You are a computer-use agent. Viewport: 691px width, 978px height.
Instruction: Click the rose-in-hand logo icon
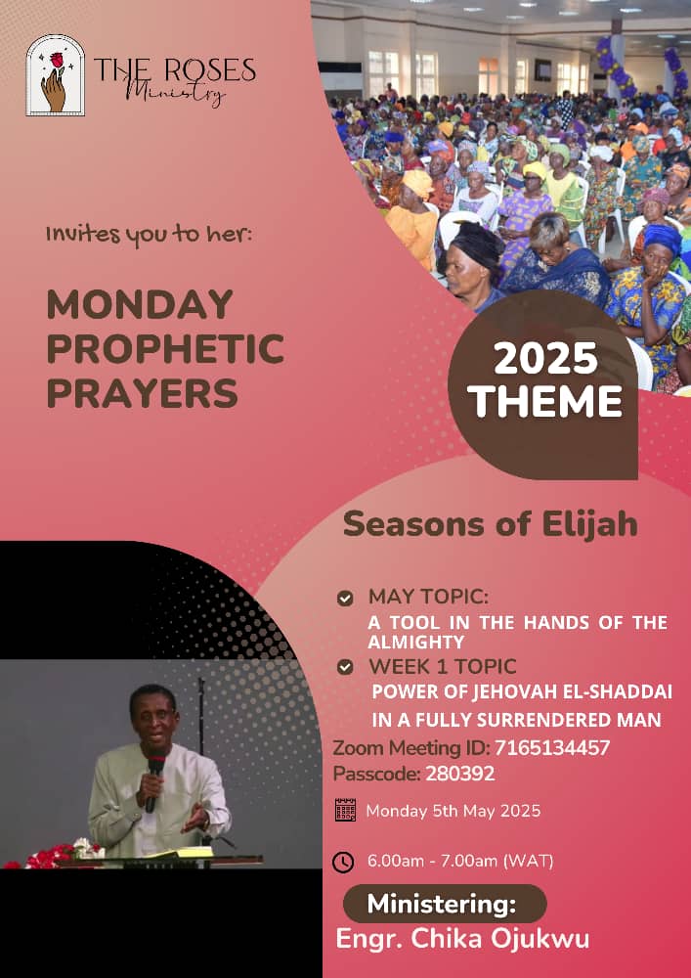pos(55,75)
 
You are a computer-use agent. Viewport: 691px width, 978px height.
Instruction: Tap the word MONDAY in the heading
pos(140,304)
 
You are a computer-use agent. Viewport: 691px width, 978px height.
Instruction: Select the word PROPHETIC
pos(165,349)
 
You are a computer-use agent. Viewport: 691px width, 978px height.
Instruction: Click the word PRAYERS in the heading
pos(142,393)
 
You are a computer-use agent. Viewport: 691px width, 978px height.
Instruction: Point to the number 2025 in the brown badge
pos(545,360)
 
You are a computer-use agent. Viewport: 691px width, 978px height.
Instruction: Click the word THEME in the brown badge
pos(545,401)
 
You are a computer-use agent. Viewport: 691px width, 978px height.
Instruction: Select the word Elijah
pos(589,524)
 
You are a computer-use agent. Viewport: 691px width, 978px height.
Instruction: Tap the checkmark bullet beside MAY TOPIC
pos(345,599)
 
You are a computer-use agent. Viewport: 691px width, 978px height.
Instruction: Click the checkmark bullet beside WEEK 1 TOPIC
pos(345,667)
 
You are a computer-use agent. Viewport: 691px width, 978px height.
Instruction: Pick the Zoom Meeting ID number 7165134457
pos(551,747)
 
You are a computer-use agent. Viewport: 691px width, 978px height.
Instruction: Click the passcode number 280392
pos(459,774)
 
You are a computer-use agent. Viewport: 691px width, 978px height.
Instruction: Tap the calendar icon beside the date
pos(345,809)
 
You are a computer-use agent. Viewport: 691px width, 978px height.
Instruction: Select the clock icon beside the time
pos(343,863)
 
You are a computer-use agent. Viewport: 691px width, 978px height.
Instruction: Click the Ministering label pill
pos(445,903)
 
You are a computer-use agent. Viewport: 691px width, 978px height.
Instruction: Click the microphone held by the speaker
pos(153,782)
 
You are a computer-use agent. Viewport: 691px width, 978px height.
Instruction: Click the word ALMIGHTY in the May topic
pos(416,642)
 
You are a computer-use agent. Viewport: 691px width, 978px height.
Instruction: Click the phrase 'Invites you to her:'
pos(150,237)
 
